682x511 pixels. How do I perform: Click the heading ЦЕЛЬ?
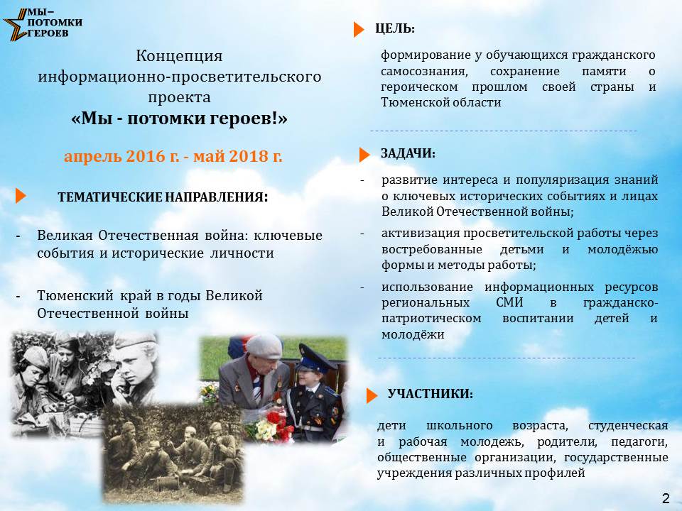click(x=395, y=28)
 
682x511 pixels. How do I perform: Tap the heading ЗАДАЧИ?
click(x=408, y=153)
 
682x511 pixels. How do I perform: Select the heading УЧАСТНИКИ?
click(x=431, y=394)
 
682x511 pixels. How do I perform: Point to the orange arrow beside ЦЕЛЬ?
click(x=359, y=29)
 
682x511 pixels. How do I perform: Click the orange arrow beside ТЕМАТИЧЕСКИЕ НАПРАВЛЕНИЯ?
click(x=21, y=196)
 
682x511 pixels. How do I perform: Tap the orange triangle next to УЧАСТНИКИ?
click(x=372, y=395)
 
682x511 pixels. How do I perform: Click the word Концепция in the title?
click(x=179, y=56)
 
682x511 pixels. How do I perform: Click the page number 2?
click(x=666, y=498)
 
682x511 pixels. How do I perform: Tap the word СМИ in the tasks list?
click(x=509, y=302)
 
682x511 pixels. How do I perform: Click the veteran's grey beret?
click(x=264, y=346)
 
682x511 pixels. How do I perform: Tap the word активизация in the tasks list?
click(x=420, y=233)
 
